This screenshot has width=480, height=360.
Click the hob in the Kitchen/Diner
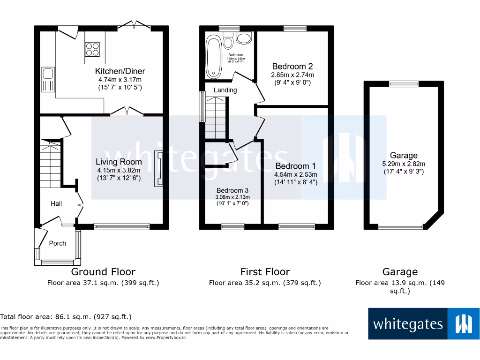[x=92, y=49]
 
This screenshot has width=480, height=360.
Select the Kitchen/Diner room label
[x=120, y=71]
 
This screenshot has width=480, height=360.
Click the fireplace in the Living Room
[x=159, y=169]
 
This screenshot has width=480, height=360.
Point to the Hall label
[x=56, y=203]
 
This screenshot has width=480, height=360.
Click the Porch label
[x=58, y=243]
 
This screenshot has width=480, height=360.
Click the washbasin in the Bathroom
[x=244, y=38]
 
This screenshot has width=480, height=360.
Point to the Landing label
[x=225, y=90]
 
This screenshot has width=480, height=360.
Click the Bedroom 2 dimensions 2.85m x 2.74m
[x=292, y=75]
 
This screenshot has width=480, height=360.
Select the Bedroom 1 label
[x=295, y=166]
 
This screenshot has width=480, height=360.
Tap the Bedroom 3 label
[x=232, y=190]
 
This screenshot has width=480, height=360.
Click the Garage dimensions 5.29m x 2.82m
[x=404, y=164]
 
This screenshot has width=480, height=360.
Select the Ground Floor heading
[x=103, y=272]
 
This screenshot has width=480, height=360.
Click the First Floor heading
[x=265, y=272]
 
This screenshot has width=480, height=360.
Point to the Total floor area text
[x=66, y=317]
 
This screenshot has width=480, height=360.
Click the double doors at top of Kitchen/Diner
[x=134, y=25]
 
